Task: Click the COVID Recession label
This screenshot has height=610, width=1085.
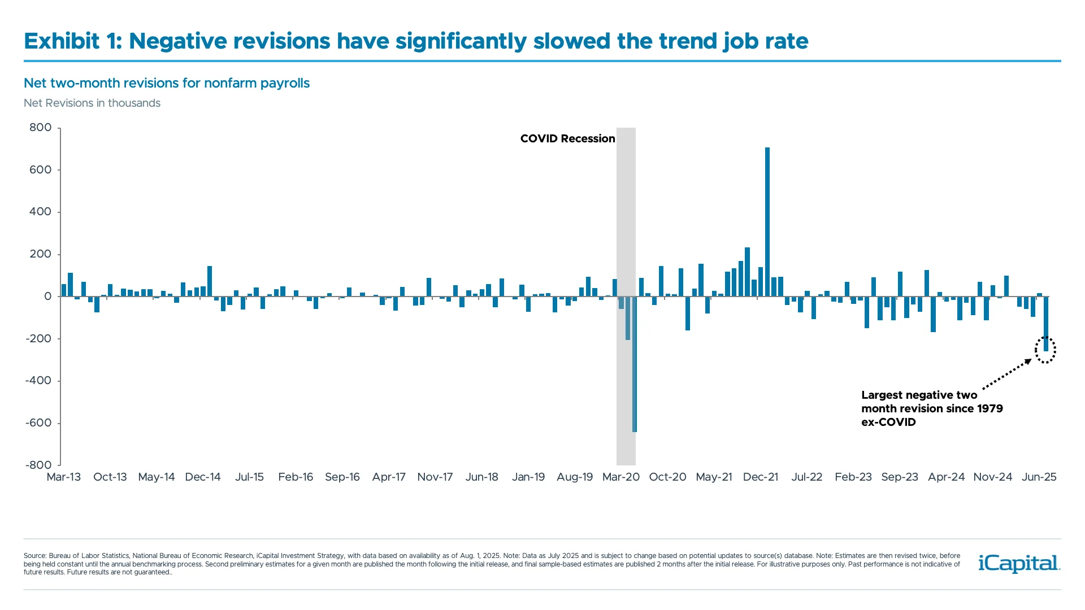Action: coord(567,139)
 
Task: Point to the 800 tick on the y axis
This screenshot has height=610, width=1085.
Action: coord(40,128)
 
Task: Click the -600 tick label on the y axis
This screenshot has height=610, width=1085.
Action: coord(38,423)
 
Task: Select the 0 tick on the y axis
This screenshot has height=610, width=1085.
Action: coord(47,297)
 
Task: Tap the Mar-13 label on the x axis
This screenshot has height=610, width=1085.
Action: coord(63,477)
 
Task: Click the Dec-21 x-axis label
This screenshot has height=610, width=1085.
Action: coord(760,477)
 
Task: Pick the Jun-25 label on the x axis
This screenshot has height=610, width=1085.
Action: coord(1039,477)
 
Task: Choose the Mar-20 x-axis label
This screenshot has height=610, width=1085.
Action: coord(620,477)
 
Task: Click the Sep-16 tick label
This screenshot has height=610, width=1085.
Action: coord(342,477)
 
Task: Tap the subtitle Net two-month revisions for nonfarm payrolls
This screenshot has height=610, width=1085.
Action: coord(167,83)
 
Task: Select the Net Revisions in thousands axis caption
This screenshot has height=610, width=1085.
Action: coord(92,103)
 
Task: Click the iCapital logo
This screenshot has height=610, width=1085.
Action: coord(1019,563)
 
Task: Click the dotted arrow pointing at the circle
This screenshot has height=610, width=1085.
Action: coord(1007,374)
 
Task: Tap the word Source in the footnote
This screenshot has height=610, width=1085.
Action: coord(34,556)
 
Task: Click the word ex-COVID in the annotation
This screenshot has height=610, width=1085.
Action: coord(888,422)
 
